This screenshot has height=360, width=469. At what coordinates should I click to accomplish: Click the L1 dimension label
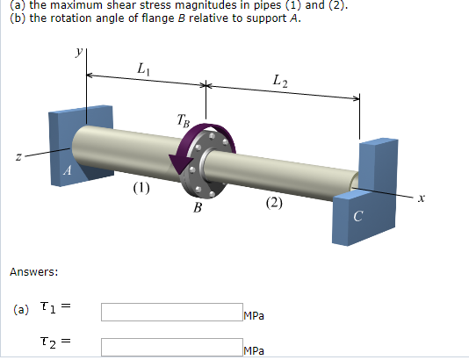click(x=143, y=68)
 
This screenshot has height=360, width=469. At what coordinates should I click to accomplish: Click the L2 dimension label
click(x=279, y=83)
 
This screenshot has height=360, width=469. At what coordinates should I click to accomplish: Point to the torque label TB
click(x=182, y=121)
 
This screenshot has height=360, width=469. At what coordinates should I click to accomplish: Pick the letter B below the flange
click(x=198, y=208)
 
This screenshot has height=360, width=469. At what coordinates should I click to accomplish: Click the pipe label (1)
click(x=141, y=188)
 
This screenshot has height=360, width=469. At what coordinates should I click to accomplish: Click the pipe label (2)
click(x=275, y=205)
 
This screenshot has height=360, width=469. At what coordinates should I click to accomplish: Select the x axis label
click(x=421, y=198)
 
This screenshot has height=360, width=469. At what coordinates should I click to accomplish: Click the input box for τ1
click(x=171, y=312)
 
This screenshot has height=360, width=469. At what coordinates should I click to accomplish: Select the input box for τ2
click(x=171, y=346)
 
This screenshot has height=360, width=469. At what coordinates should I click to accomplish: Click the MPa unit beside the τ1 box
click(x=255, y=316)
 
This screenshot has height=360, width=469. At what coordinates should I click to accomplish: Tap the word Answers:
click(x=33, y=271)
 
